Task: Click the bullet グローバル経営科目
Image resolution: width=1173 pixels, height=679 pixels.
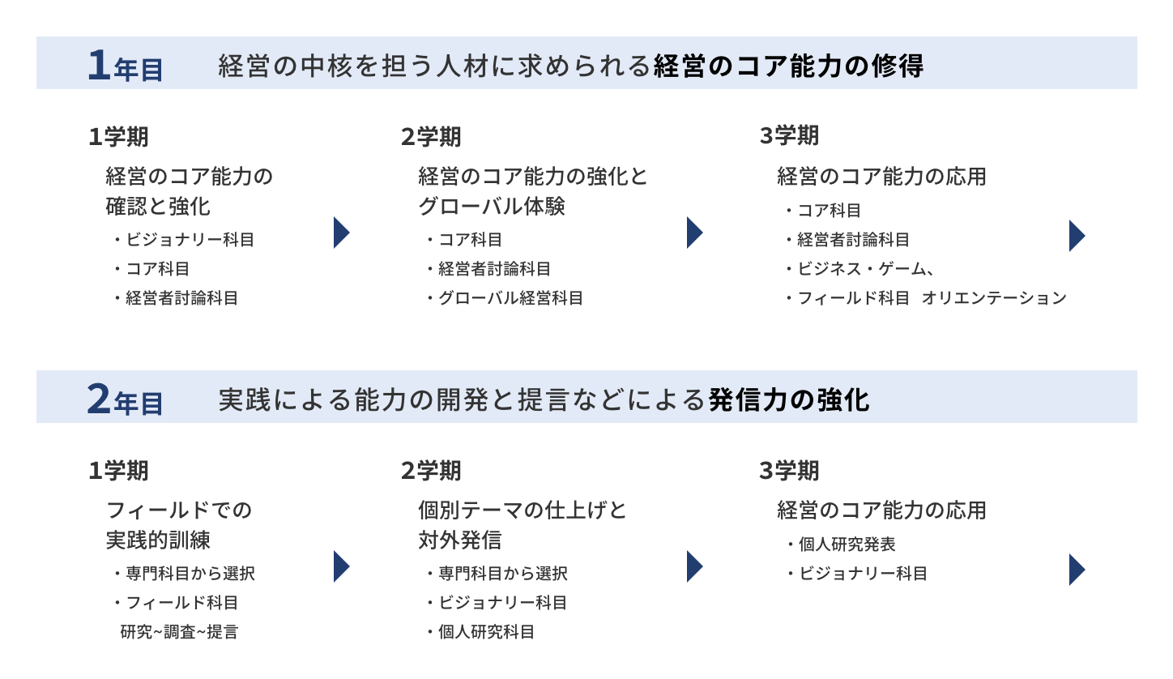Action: (510, 298)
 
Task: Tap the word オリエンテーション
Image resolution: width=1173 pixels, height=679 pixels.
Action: (995, 298)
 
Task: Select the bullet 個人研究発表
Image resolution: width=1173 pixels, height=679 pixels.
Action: (847, 544)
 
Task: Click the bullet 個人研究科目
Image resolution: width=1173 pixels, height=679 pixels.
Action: (486, 632)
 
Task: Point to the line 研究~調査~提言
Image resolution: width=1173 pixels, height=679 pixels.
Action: (179, 632)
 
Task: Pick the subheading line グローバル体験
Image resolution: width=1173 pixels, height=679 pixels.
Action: (491, 207)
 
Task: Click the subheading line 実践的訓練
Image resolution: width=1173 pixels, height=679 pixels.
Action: (158, 540)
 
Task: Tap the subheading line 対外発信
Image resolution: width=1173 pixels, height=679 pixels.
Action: (459, 540)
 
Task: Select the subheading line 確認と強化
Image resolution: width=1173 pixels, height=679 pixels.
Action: (158, 207)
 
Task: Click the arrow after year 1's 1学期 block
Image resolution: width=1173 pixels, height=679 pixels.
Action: (341, 233)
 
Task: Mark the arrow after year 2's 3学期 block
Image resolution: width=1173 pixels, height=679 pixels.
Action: (1077, 569)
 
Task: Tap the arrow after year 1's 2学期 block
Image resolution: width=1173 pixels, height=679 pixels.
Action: (694, 233)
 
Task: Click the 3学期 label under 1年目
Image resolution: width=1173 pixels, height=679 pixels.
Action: (789, 136)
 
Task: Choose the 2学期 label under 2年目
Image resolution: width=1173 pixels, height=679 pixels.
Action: (431, 471)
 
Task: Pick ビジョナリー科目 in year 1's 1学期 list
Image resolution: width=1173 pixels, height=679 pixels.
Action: (190, 240)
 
